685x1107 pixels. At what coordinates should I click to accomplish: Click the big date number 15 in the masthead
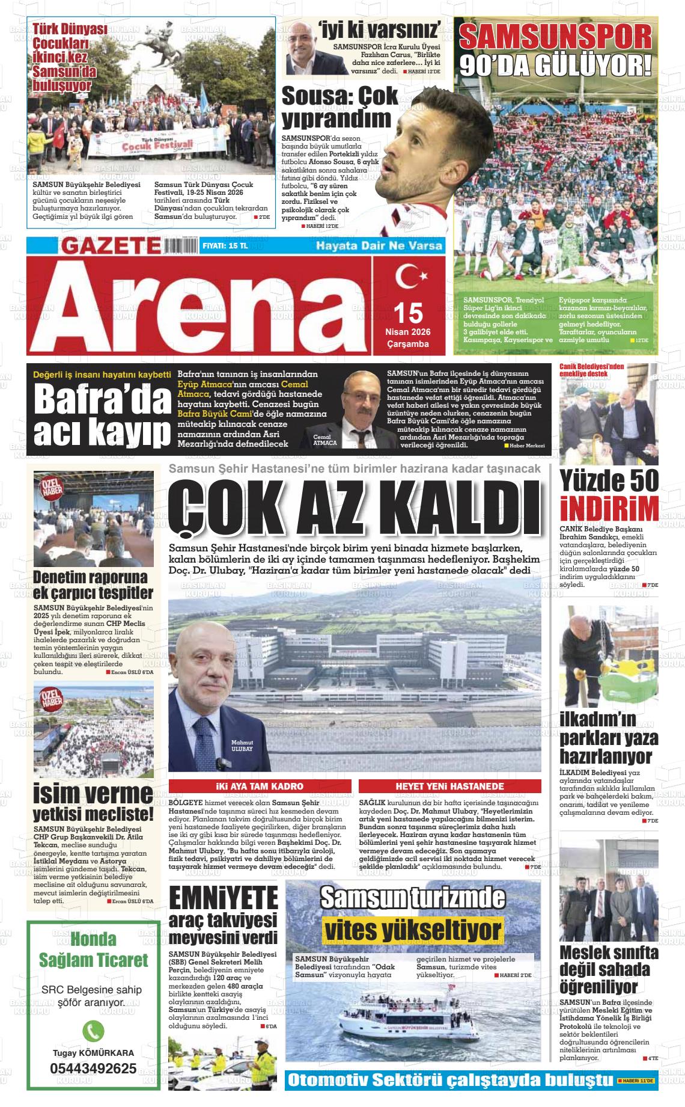(x=408, y=313)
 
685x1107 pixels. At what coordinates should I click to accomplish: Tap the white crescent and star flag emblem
(x=411, y=278)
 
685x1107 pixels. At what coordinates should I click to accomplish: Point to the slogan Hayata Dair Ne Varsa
(x=379, y=245)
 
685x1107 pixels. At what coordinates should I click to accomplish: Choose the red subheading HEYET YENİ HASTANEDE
(x=449, y=786)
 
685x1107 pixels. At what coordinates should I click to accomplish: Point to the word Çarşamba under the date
(x=408, y=345)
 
